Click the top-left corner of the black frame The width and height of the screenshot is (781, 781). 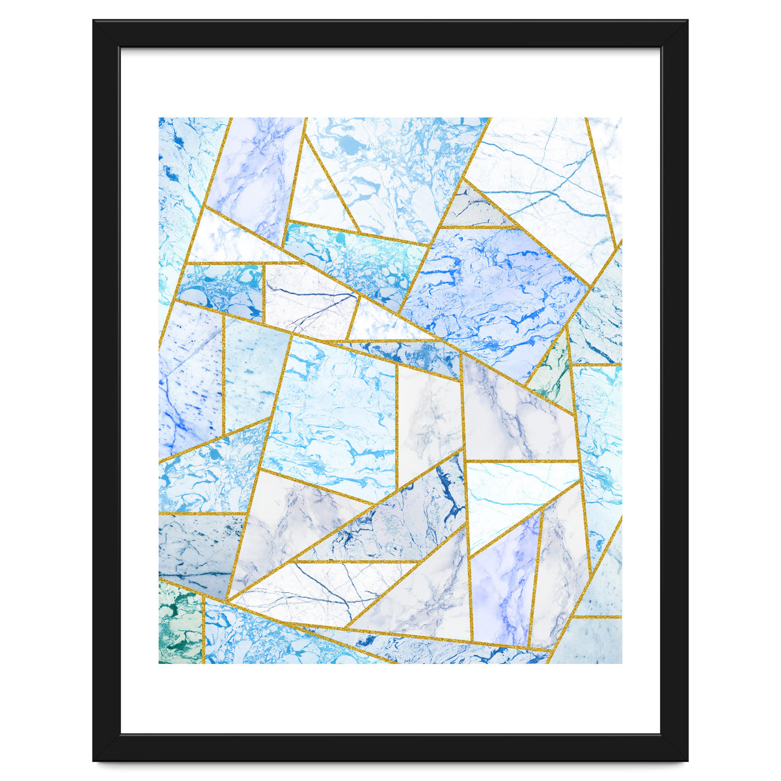click(x=95, y=22)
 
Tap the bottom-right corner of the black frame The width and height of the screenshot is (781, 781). click(x=686, y=759)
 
